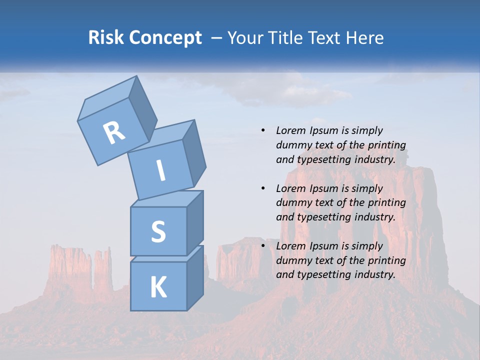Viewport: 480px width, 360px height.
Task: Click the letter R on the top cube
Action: (x=114, y=132)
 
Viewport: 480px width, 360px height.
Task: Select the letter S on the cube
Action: (x=158, y=231)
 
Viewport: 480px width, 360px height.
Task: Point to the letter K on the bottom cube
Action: (x=158, y=287)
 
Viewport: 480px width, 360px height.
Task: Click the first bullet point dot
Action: (x=263, y=130)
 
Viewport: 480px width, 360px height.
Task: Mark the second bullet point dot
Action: (x=263, y=188)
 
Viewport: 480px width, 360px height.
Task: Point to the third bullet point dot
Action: (x=263, y=246)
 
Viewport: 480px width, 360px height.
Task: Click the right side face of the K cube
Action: (x=195, y=277)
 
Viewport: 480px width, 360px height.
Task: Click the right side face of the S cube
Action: (x=195, y=222)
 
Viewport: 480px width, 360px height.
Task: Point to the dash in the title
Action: (x=217, y=37)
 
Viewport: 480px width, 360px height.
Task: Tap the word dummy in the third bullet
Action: (x=293, y=260)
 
